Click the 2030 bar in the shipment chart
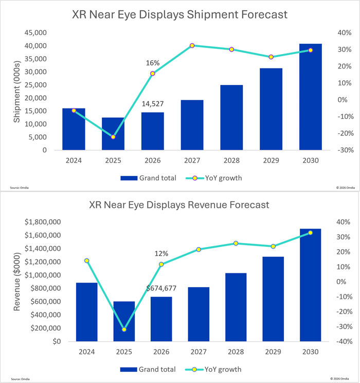click(x=311, y=97)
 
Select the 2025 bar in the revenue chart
click(x=124, y=321)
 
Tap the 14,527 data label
click(x=153, y=104)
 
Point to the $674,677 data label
click(x=161, y=288)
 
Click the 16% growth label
click(x=153, y=63)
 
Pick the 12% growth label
click(x=161, y=254)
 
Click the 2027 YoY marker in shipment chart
click(x=192, y=46)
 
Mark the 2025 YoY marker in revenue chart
click(x=124, y=329)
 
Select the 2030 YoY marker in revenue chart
click(x=311, y=233)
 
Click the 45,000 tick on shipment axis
click(x=35, y=33)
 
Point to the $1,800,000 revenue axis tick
click(x=43, y=222)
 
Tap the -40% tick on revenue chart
click(x=344, y=341)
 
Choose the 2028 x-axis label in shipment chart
click(x=231, y=161)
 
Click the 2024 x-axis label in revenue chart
click(x=86, y=352)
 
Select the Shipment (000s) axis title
click(x=16, y=92)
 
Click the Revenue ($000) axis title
click(x=16, y=282)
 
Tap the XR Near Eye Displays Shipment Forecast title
click(x=180, y=14)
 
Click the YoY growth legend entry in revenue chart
click(x=213, y=369)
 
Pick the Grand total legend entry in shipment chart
click(x=149, y=178)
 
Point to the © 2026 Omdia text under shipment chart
click(x=346, y=187)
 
